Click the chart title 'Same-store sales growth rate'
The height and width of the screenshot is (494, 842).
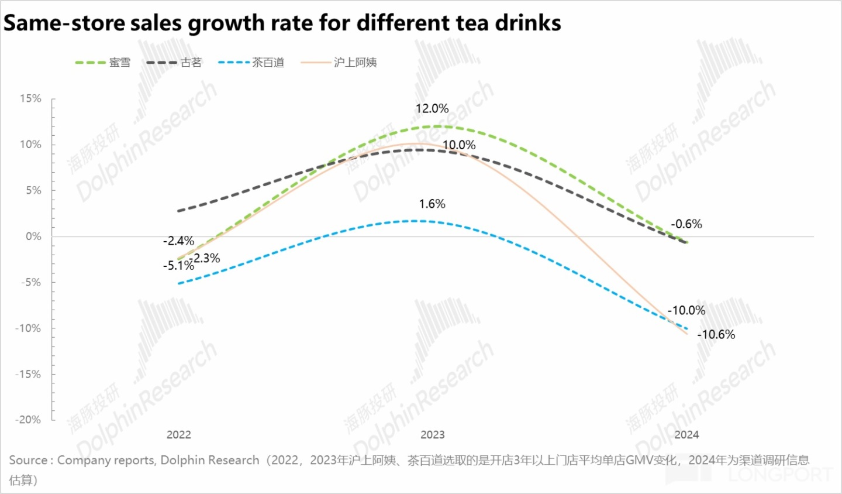pyautogui.click(x=282, y=23)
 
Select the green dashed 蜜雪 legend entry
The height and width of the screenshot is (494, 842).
pyautogui.click(x=103, y=63)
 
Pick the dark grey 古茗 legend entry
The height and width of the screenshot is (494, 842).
pyautogui.click(x=174, y=63)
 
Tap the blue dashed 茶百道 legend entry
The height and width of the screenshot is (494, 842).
pyautogui.click(x=251, y=63)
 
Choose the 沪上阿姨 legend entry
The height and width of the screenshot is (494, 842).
pyautogui.click(x=339, y=63)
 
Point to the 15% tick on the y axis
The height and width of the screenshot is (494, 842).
pyautogui.click(x=30, y=98)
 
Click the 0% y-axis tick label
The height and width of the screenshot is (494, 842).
pyautogui.click(x=33, y=236)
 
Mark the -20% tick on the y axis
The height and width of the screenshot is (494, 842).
pyautogui.click(x=28, y=420)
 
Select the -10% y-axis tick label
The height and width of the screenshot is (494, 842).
pyautogui.click(x=28, y=328)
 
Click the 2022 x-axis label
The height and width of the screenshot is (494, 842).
pyautogui.click(x=179, y=435)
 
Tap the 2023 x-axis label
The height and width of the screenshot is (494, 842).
pyautogui.click(x=433, y=435)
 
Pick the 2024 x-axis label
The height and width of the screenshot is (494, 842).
pyautogui.click(x=686, y=435)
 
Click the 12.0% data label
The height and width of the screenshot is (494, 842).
pyautogui.click(x=432, y=109)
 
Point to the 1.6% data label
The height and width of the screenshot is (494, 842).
pyautogui.click(x=432, y=204)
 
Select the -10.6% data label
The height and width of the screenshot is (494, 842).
pyautogui.click(x=716, y=335)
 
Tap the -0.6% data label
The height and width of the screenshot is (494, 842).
pyautogui.click(x=686, y=224)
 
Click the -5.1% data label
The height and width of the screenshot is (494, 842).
pyautogui.click(x=178, y=266)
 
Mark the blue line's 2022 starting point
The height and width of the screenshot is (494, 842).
pyautogui.click(x=179, y=284)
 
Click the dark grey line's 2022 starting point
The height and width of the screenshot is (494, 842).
pyautogui.click(x=179, y=211)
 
